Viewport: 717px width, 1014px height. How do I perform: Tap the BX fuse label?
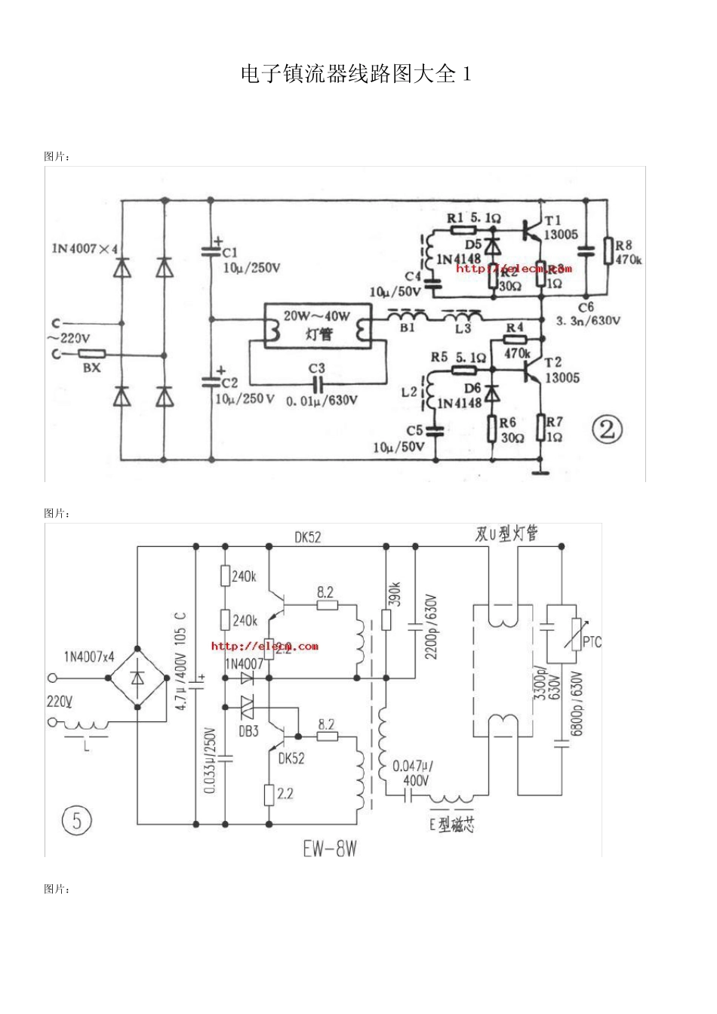click(91, 367)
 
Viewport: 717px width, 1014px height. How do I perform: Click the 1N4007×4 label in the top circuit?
click(85, 248)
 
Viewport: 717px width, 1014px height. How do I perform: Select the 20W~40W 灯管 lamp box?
click(317, 324)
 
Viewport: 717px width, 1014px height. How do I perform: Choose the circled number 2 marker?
click(608, 431)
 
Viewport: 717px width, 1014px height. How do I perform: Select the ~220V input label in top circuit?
click(70, 338)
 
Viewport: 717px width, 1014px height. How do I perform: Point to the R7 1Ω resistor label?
click(555, 429)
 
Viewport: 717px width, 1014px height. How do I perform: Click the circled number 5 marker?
click(76, 819)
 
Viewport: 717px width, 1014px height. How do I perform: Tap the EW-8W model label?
click(330, 849)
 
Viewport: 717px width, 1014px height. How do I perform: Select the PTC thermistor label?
click(592, 642)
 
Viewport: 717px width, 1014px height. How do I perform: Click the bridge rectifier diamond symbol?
click(137, 677)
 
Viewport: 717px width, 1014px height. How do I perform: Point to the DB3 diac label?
click(248, 731)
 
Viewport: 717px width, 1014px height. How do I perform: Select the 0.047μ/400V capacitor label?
click(412, 773)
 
